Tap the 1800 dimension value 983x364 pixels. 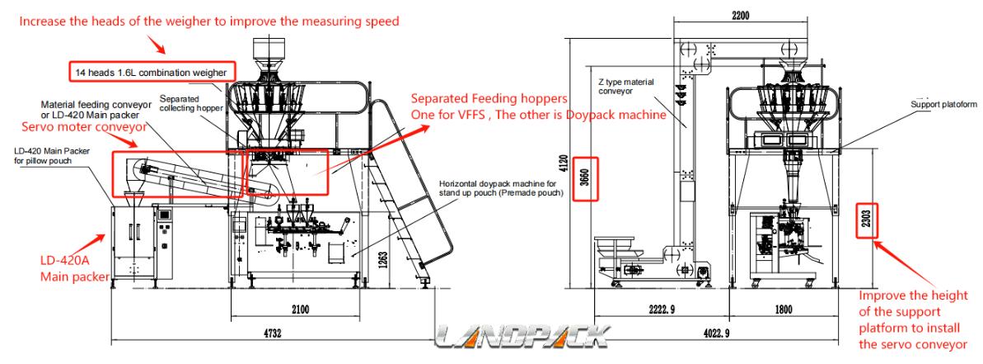(783, 310)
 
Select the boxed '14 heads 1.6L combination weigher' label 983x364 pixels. (153, 73)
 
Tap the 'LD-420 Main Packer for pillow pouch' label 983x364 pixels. (51, 156)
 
